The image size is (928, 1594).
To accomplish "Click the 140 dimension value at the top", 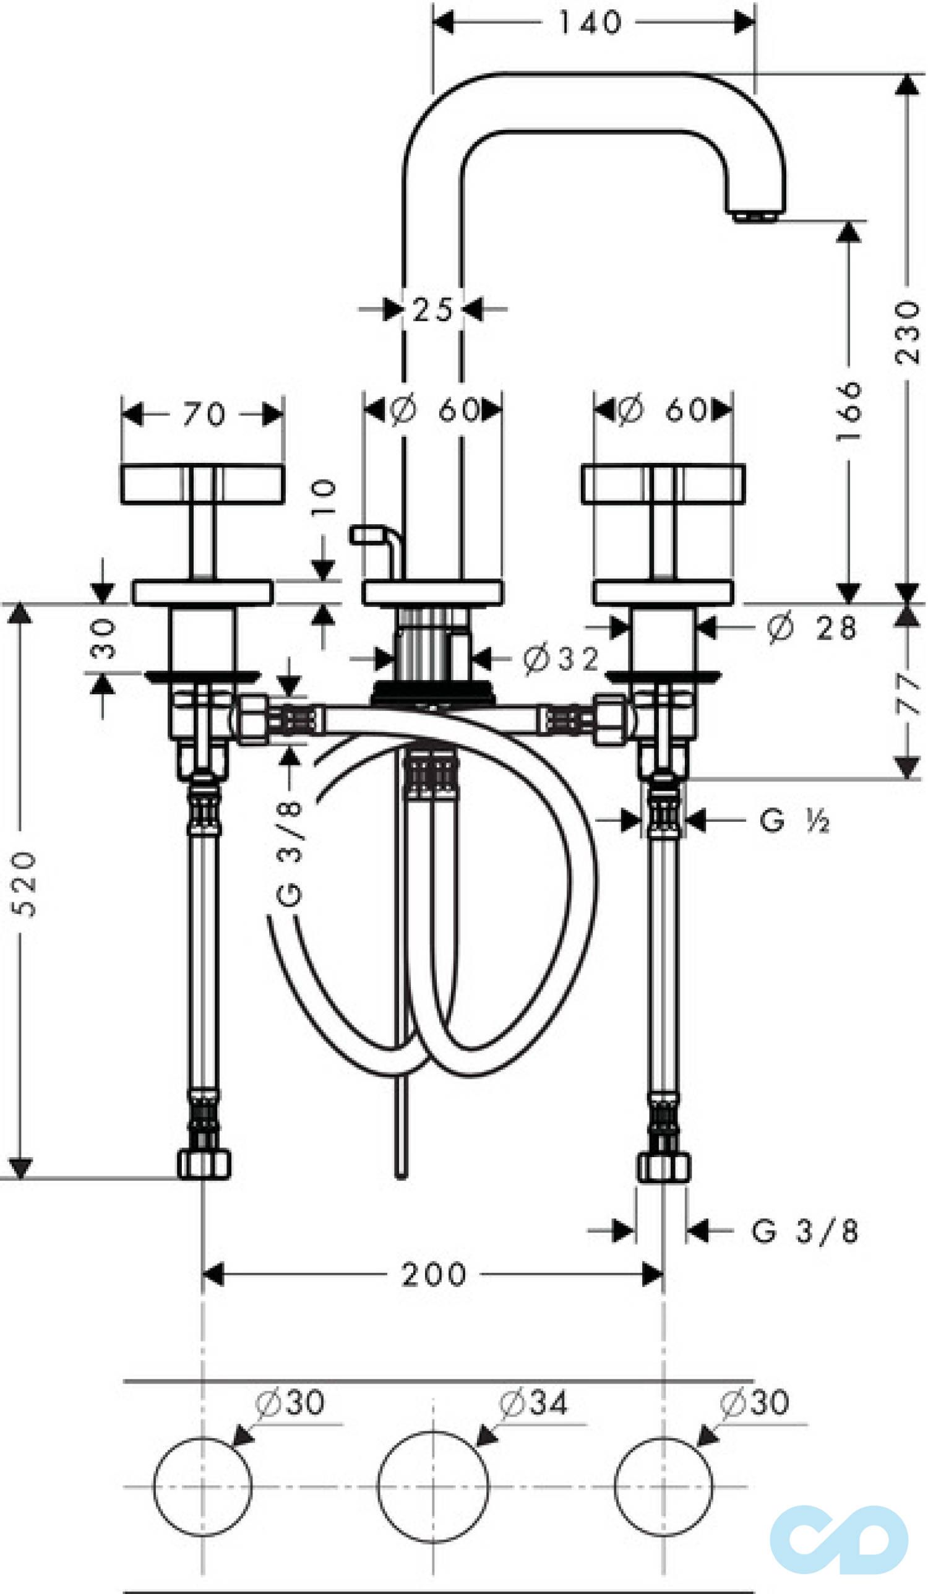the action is click(x=590, y=24).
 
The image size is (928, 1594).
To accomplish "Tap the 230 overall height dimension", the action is click(x=907, y=333).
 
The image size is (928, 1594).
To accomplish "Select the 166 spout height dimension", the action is click(x=849, y=411).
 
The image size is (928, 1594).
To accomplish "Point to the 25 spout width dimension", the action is click(x=432, y=310).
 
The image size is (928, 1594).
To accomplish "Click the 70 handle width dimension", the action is click(x=204, y=415).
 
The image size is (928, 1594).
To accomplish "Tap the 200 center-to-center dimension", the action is click(x=434, y=1275).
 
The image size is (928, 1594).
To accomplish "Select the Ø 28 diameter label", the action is click(x=812, y=628).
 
